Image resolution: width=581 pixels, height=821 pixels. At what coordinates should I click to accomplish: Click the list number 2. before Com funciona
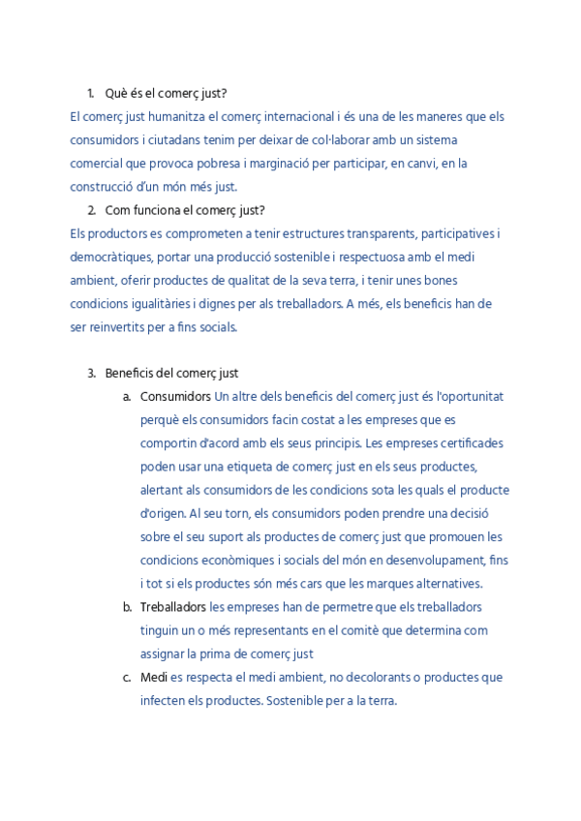pyautogui.click(x=91, y=211)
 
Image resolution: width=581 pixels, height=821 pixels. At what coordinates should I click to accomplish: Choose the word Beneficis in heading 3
pyautogui.click(x=130, y=373)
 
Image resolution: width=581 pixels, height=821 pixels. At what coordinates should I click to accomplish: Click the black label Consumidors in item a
pyautogui.click(x=175, y=397)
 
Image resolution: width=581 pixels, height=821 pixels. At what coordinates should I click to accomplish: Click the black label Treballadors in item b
pyautogui.click(x=173, y=607)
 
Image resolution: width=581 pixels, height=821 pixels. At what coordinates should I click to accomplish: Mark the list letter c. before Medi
pyautogui.click(x=127, y=678)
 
